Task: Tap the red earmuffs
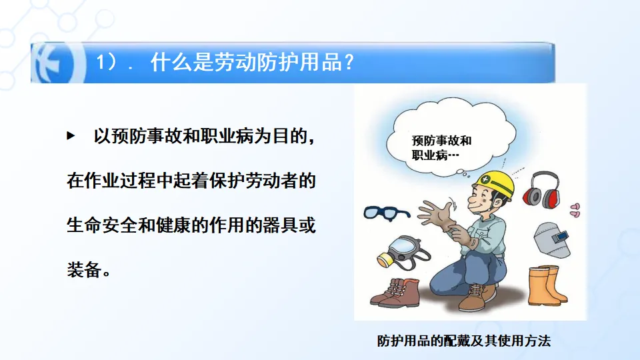(541, 189)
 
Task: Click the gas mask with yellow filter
(402, 253)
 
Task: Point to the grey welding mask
(551, 239)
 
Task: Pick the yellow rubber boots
(546, 286)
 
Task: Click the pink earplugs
(575, 210)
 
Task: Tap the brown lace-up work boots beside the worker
(395, 293)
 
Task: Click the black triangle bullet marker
(71, 135)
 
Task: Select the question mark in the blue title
(348, 63)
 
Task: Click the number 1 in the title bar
(101, 63)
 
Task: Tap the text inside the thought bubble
(441, 148)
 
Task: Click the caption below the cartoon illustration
(464, 341)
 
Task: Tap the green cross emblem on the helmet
(485, 179)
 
